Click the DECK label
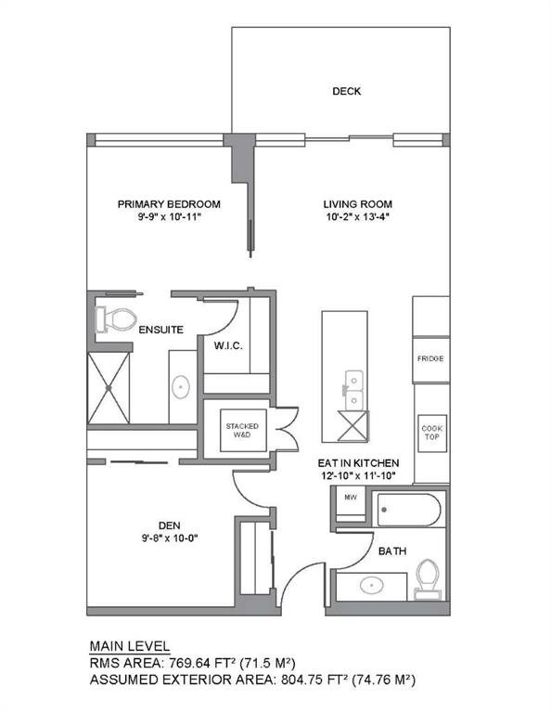coord(347,91)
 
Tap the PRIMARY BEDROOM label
coord(169,204)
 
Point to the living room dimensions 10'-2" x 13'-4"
coord(358,217)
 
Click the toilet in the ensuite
coord(116,319)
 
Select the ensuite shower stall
coord(109,388)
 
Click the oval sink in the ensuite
coord(181,387)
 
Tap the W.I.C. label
coord(228,346)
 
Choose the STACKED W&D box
coord(243,431)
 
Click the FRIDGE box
coord(430,359)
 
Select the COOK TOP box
coord(432,433)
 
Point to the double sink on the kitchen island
coord(353,390)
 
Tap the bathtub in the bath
coord(409,510)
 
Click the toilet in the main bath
coord(428,579)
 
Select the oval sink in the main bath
coord(372,585)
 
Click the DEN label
coord(170,525)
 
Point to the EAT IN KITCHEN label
coord(358,463)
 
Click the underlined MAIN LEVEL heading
coord(130,646)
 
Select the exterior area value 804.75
coord(302,681)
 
